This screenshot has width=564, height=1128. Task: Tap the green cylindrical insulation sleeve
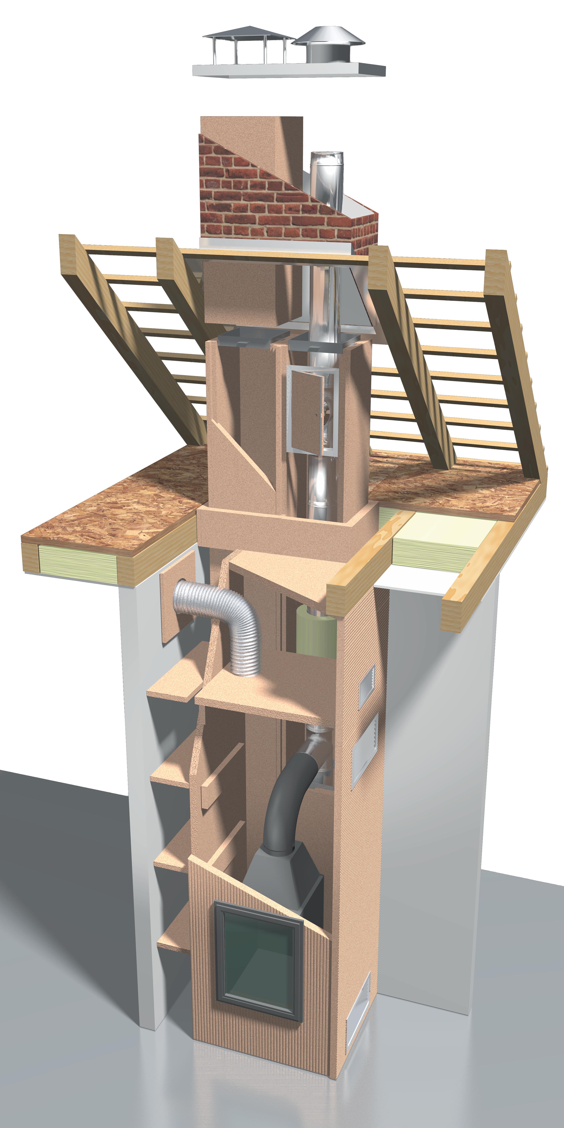click(x=313, y=631)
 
